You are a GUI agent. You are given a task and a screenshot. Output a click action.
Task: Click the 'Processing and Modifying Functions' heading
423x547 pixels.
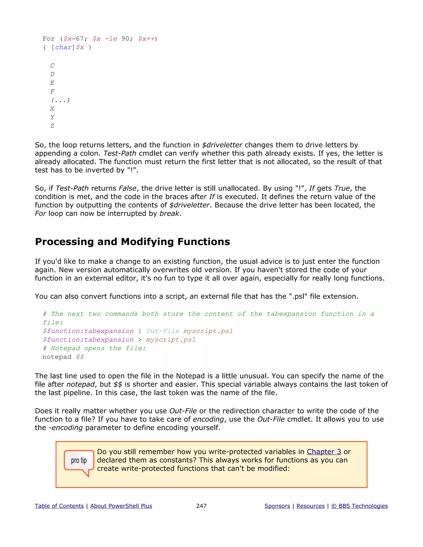(132, 242)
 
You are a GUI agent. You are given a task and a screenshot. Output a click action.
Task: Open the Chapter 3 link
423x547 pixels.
(324, 452)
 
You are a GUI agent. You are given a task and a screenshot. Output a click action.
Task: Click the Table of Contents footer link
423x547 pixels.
(59, 506)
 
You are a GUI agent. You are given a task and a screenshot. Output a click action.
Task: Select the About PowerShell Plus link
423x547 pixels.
(121, 506)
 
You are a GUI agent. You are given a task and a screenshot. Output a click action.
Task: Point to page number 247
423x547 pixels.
(201, 506)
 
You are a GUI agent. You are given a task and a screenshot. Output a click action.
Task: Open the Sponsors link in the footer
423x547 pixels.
(277, 506)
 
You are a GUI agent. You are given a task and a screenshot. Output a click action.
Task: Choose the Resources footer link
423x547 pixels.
(310, 506)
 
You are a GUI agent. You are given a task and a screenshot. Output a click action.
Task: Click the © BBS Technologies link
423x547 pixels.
(359, 506)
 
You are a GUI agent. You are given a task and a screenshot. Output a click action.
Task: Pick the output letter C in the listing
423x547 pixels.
(52, 66)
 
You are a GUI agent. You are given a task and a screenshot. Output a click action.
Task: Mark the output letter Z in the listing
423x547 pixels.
(52, 126)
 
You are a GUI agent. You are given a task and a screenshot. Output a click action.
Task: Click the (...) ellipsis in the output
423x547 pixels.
(60, 100)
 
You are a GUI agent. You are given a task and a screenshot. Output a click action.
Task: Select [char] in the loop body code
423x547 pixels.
(63, 47)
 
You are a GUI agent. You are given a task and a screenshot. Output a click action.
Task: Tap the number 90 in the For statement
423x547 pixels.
(125, 39)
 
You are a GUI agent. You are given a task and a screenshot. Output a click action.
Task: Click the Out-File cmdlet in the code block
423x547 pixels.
(163, 331)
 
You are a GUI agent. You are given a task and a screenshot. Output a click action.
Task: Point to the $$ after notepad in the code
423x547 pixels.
(80, 357)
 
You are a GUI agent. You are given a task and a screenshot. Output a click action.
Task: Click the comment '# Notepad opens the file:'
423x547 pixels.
(94, 348)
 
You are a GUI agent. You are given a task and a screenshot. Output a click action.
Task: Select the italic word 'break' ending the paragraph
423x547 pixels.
(169, 214)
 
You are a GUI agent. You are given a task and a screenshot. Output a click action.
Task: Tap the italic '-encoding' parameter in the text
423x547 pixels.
(66, 428)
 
